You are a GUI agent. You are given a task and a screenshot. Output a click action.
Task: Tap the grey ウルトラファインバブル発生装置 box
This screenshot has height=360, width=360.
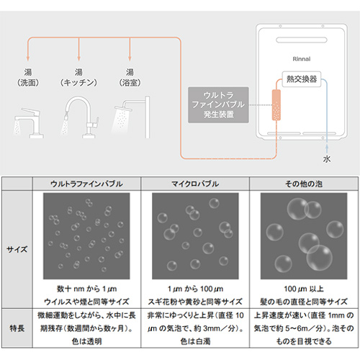click(x=224, y=104)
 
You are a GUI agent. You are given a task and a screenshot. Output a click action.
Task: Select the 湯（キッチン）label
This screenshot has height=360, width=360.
click(x=78, y=77)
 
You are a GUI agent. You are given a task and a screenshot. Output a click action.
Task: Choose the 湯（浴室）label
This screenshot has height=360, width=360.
click(x=130, y=77)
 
